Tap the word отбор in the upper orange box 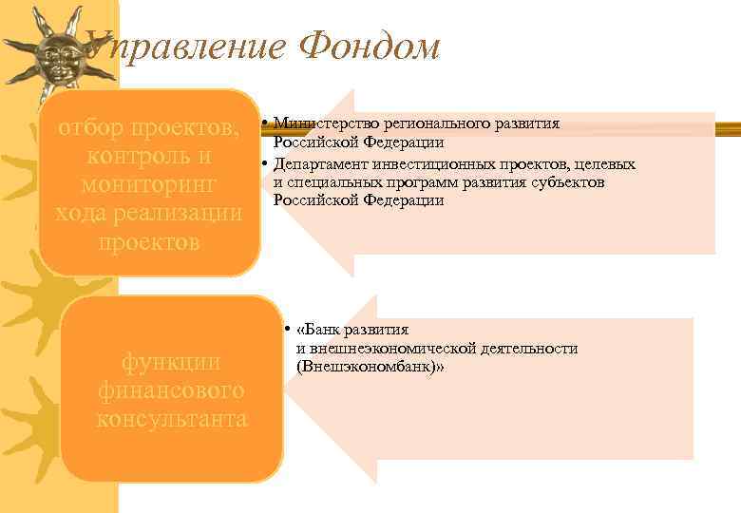[x=95, y=127]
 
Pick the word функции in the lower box [x=171, y=362]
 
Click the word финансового [x=171, y=389]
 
